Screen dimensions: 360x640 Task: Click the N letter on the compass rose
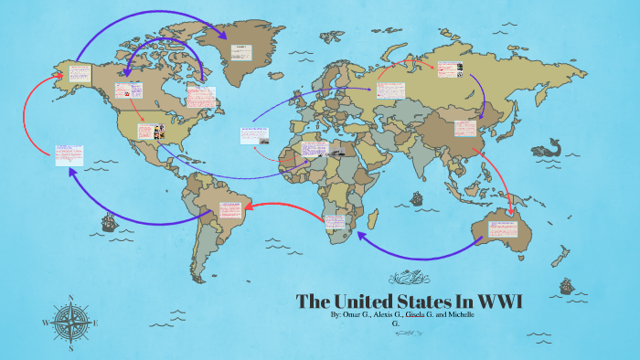click(x=71, y=297)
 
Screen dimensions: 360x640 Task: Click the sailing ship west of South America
click(x=108, y=221)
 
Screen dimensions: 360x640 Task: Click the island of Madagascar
click(x=372, y=219)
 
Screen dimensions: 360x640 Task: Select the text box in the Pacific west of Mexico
click(x=68, y=153)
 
